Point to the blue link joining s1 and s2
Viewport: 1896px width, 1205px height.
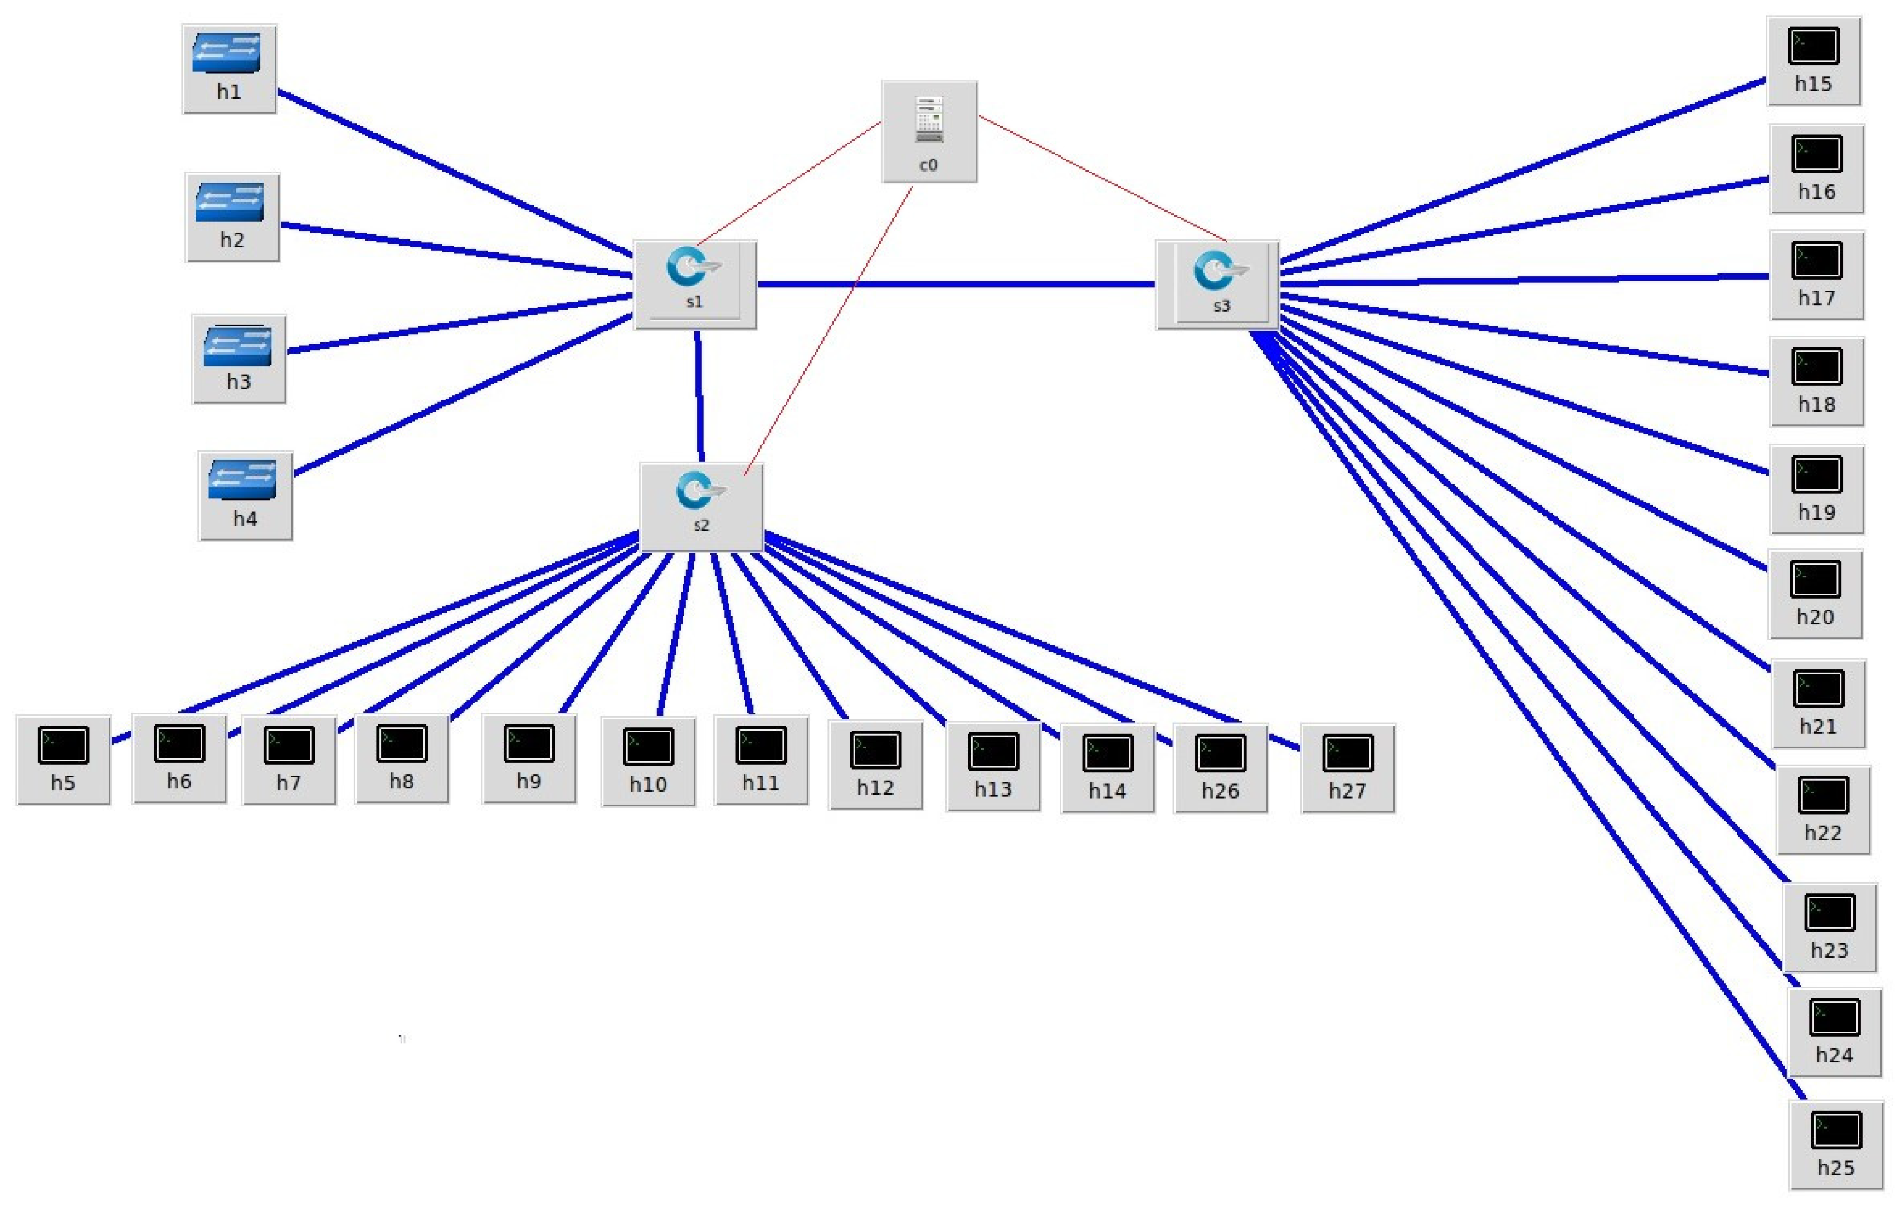699,394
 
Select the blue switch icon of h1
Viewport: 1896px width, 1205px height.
227,53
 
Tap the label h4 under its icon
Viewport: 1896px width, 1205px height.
245,518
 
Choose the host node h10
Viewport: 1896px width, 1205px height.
648,760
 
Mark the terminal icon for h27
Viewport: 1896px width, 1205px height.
1347,753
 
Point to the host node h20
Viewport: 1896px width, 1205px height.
1815,594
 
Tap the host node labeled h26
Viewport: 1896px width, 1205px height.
1220,767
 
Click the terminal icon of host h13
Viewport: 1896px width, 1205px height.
993,752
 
